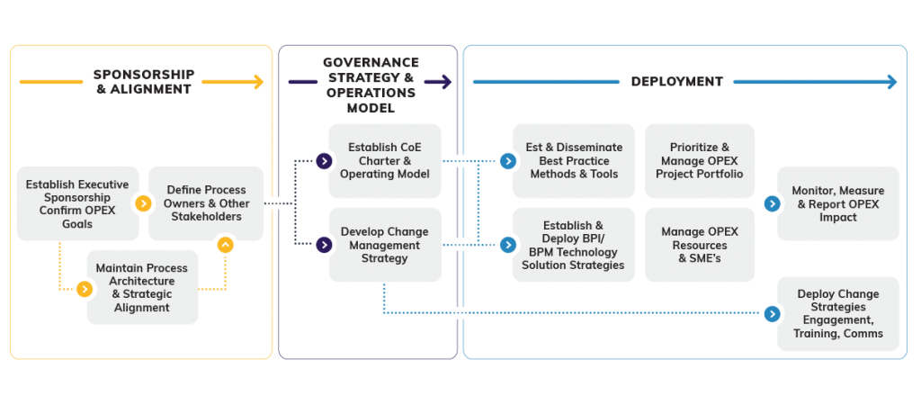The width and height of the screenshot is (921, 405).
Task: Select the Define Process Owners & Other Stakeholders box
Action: click(x=208, y=203)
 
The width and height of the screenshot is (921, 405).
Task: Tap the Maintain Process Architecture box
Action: click(x=142, y=287)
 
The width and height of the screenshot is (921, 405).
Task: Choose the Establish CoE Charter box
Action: click(x=385, y=161)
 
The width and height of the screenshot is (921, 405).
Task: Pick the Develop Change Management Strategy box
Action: click(x=385, y=245)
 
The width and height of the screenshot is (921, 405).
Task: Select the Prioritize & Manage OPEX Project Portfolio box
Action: click(x=700, y=161)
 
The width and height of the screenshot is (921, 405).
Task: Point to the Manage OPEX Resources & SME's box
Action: click(x=700, y=245)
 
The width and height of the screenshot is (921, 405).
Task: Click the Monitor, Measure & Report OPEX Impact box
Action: click(x=837, y=203)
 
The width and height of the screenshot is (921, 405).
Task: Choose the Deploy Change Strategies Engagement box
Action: click(x=837, y=314)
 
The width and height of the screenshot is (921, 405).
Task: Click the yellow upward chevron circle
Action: click(x=225, y=243)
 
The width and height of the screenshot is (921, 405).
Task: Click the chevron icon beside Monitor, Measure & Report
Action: click(x=771, y=203)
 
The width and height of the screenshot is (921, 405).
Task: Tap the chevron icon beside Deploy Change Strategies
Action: click(x=771, y=313)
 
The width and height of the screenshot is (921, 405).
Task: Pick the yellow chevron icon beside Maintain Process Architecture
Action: click(x=85, y=289)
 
